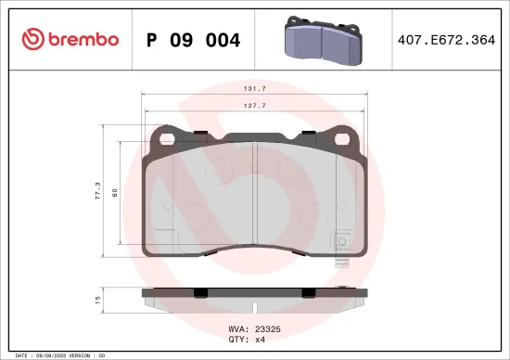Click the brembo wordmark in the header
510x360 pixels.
click(78, 39)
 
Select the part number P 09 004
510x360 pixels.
click(194, 40)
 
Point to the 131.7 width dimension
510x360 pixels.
click(255, 89)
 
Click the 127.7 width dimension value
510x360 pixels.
click(255, 106)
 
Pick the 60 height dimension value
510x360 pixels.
click(114, 193)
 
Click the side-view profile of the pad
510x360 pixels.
click(255, 298)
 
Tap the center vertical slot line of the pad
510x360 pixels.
click(255, 195)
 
